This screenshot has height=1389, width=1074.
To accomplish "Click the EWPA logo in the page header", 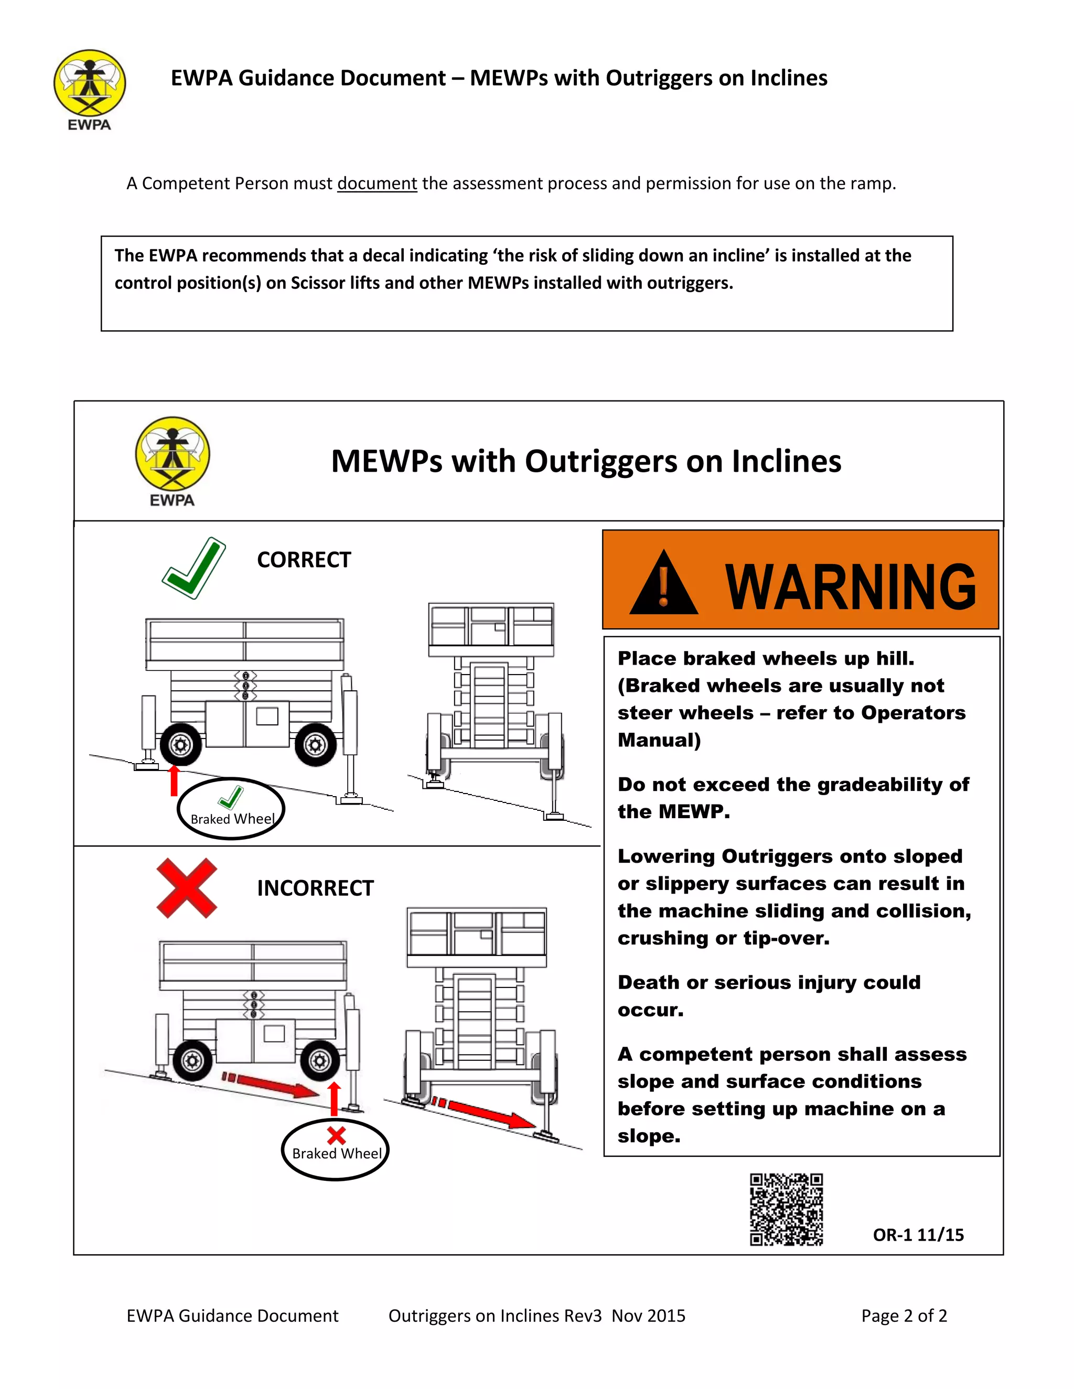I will (x=89, y=89).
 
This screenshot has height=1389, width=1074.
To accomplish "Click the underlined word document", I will (x=377, y=184).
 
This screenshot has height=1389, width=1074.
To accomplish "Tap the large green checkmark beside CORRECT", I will (x=194, y=568).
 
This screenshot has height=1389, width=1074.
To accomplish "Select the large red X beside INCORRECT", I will (x=186, y=888).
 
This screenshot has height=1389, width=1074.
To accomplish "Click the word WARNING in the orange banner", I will (x=850, y=586).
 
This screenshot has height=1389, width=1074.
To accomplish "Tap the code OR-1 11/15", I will (x=918, y=1235).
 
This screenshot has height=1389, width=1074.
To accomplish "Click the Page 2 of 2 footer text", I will (x=904, y=1316).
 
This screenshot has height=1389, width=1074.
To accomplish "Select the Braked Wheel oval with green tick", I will (x=231, y=809).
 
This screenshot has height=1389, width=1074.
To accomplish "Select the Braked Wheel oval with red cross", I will (x=335, y=1150).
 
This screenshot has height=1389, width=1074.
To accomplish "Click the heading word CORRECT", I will (x=304, y=560).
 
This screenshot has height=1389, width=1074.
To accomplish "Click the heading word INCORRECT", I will (x=315, y=888).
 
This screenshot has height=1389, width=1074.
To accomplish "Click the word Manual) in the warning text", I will (x=659, y=740).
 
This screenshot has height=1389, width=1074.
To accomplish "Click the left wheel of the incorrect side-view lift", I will (x=192, y=1060).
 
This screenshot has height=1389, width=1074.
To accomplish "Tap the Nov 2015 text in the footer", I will (x=648, y=1316).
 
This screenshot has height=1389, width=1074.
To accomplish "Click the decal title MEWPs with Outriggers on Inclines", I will (x=585, y=461).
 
